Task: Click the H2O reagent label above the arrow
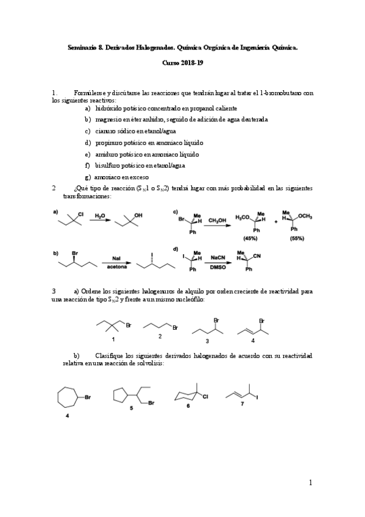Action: tap(100, 214)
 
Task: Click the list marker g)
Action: tap(88, 176)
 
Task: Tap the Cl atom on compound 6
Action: tap(206, 397)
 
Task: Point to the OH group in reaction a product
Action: tap(138, 215)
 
